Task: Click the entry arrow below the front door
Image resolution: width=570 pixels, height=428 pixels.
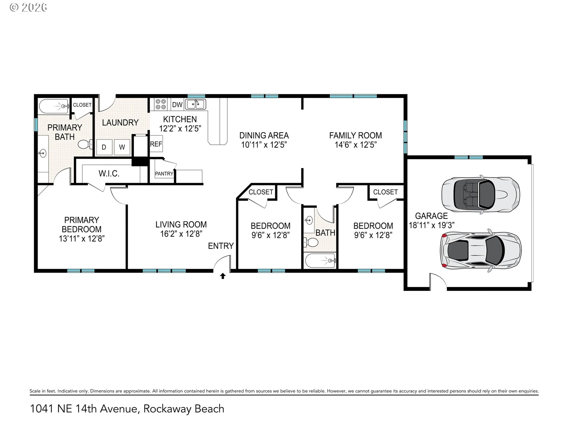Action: pyautogui.click(x=223, y=276)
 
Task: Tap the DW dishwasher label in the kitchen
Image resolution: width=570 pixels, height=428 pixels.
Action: pyautogui.click(x=177, y=105)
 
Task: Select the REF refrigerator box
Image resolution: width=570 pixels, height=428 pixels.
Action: pyautogui.click(x=156, y=144)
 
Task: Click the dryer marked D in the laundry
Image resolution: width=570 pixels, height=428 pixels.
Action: pyautogui.click(x=104, y=147)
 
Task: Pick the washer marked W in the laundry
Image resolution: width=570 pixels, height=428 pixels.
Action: pyautogui.click(x=122, y=147)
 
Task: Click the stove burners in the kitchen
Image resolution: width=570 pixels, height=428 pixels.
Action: pyautogui.click(x=161, y=104)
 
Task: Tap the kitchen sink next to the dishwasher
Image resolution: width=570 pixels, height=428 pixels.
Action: pyautogui.click(x=195, y=104)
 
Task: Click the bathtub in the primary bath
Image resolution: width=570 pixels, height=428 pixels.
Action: pyautogui.click(x=54, y=106)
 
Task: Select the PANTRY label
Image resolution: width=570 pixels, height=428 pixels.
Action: pyautogui.click(x=164, y=174)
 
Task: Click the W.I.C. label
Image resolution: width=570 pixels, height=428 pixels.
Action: pyautogui.click(x=109, y=174)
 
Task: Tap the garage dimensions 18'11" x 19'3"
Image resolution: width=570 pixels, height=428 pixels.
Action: pyautogui.click(x=432, y=225)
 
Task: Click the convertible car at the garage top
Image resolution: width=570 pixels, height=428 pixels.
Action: pyautogui.click(x=481, y=195)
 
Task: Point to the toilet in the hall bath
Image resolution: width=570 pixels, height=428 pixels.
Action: pyautogui.click(x=311, y=242)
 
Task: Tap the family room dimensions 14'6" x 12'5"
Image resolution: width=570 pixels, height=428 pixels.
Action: pyautogui.click(x=356, y=145)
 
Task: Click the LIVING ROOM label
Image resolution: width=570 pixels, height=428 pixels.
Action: pyautogui.click(x=181, y=224)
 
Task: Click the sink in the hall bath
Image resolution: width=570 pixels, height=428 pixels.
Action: pyautogui.click(x=309, y=220)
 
